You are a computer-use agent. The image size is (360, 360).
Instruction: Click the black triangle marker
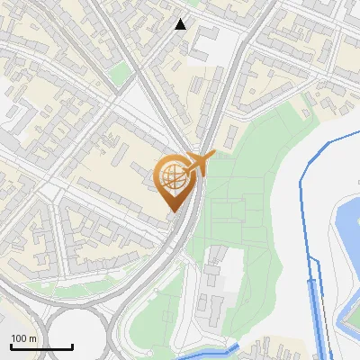[181, 24]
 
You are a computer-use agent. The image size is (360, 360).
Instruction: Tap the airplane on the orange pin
[200, 163]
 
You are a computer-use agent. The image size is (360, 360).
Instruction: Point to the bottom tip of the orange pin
[174, 212]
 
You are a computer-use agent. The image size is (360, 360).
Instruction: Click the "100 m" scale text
[23, 337]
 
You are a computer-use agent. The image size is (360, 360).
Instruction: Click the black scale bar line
[41, 346]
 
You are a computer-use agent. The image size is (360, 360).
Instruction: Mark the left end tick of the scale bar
[11, 345]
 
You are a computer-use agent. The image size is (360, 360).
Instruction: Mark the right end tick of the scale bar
[73, 345]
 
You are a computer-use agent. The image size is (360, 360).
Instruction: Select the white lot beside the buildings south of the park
[229, 270]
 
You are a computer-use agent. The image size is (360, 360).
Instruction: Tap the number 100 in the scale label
[18, 337]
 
